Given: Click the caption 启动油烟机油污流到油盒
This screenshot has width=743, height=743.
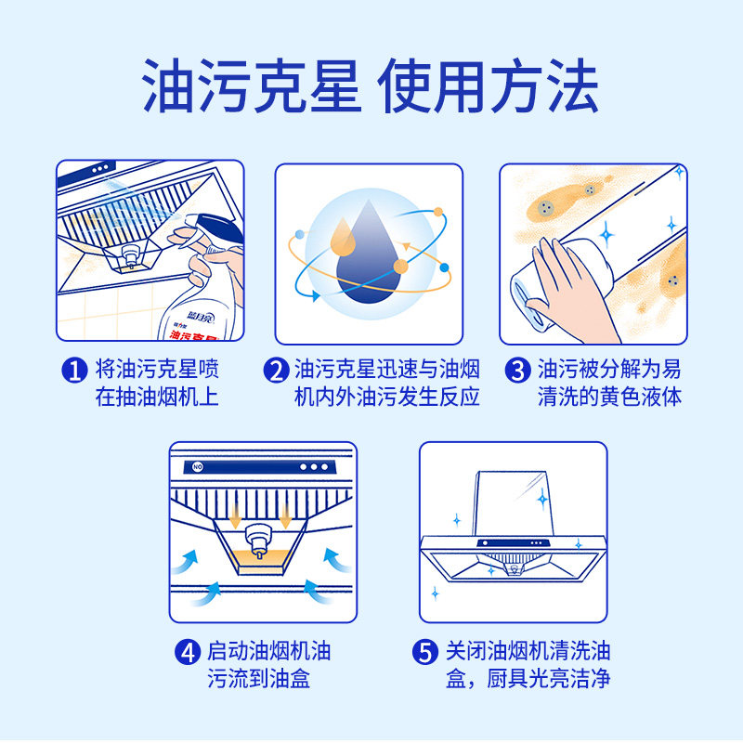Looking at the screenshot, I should (259, 665).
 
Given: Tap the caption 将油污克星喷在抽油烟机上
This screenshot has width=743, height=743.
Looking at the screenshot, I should (157, 383).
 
